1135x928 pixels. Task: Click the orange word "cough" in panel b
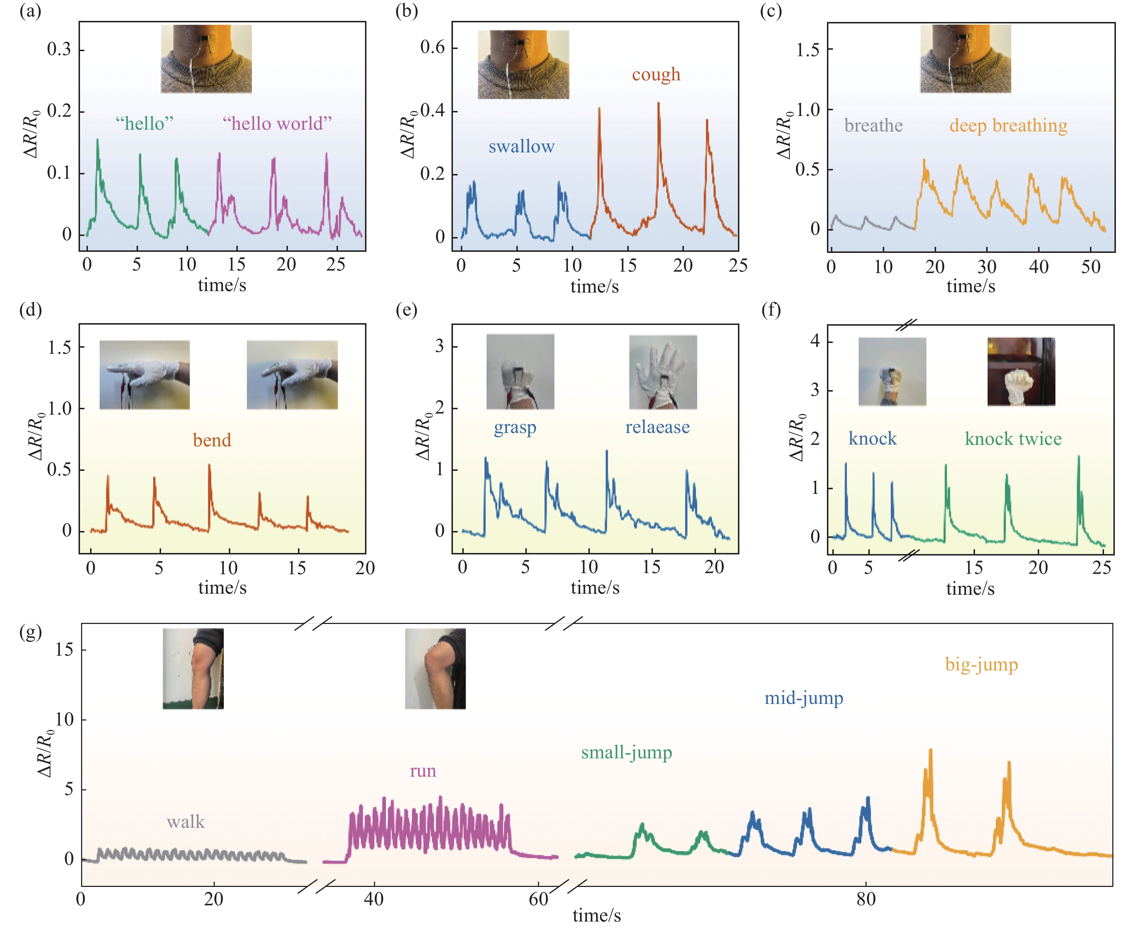(656, 75)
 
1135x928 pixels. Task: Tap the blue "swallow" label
(521, 147)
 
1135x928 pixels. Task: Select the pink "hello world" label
(277, 124)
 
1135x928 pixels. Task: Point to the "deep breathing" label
(1008, 126)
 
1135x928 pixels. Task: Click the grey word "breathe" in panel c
(873, 126)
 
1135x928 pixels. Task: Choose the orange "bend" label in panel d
(212, 441)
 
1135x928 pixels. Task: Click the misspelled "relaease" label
(658, 427)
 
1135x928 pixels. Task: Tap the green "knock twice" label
(1013, 439)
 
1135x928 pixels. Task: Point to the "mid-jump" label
(804, 698)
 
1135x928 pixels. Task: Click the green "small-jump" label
(627, 753)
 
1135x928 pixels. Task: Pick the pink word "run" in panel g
(423, 771)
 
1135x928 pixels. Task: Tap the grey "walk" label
(186, 822)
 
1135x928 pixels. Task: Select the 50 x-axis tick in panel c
(1091, 266)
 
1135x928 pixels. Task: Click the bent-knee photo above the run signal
(435, 668)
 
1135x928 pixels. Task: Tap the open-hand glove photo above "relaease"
(663, 372)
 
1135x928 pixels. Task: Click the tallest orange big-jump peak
(931, 750)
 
